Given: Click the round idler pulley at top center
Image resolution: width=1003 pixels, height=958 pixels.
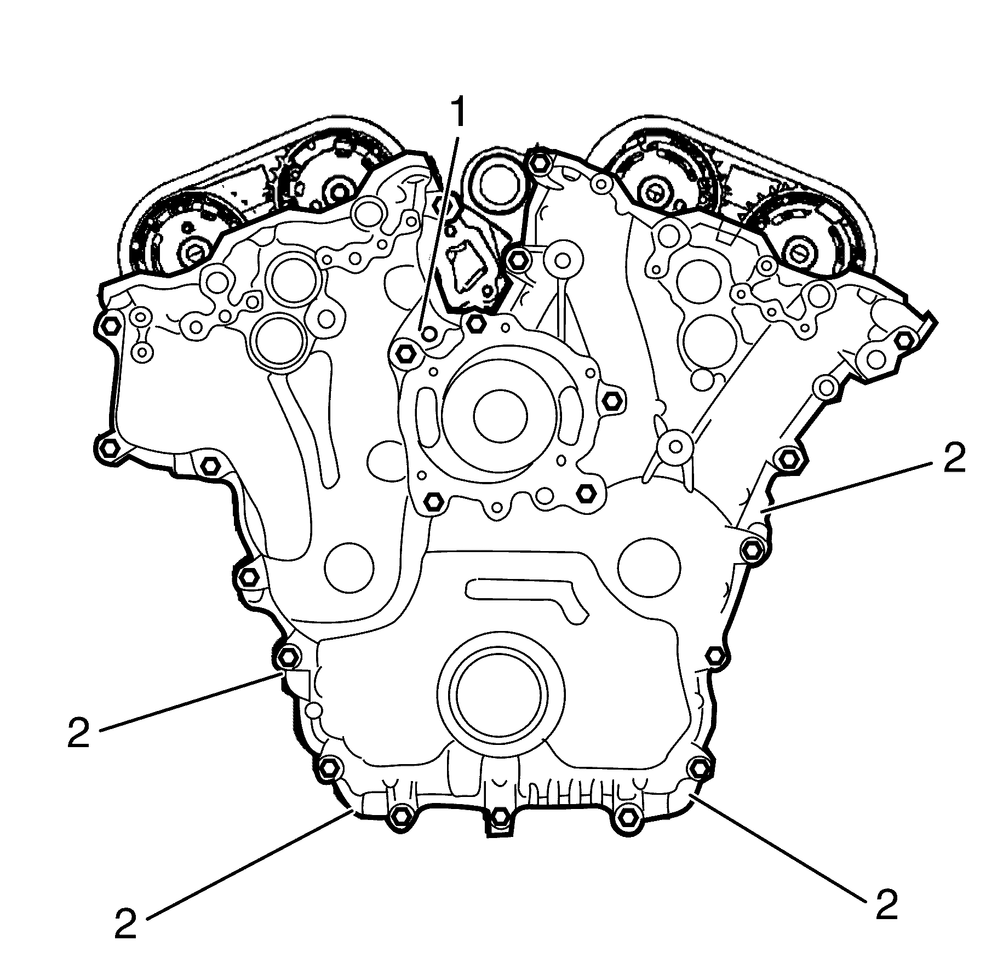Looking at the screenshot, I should (x=496, y=181).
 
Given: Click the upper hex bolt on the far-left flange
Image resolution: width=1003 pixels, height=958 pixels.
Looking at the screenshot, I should (x=111, y=324).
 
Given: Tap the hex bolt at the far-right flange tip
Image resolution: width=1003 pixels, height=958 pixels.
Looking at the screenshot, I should (x=903, y=340).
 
